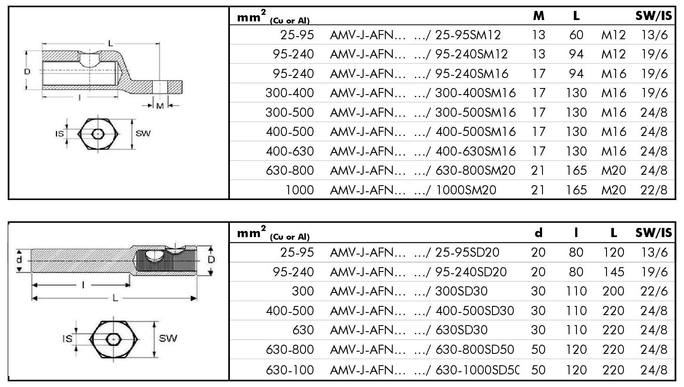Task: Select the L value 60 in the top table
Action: point(576,35)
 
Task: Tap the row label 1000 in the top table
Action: point(300,190)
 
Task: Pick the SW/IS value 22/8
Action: point(654,190)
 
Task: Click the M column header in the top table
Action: point(539,16)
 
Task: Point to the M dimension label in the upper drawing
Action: point(160,106)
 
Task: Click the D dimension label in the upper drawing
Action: point(27,71)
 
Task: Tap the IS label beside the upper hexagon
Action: point(60,133)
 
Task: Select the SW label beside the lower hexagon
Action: point(168,338)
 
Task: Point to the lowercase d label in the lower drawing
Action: point(19,259)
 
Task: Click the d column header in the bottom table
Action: point(539,233)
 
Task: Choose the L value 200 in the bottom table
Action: point(613,291)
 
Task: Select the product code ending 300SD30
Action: point(461,291)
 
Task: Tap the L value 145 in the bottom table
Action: point(613,272)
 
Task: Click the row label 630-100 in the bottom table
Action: point(290,370)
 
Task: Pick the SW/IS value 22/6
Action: point(654,291)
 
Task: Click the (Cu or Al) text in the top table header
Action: point(290,20)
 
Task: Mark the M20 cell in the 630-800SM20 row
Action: point(613,170)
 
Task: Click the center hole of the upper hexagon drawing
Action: point(98,133)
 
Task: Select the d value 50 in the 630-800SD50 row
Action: point(539,350)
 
